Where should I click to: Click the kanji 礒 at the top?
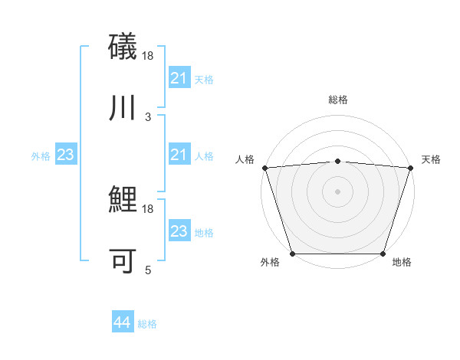123,45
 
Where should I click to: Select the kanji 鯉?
123,200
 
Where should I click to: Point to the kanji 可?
123,261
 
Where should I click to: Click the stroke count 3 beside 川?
148,116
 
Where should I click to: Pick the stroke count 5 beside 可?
148,270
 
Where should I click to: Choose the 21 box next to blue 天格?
179,78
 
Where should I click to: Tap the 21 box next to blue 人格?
179,155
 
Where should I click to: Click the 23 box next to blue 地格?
179,231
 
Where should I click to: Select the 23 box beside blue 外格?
65,155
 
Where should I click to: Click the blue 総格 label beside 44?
147,324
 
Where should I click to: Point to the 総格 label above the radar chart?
338,100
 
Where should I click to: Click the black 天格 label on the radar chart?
432,159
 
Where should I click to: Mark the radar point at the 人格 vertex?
264,168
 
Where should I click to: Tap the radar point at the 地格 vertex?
383,254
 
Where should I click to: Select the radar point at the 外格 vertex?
293,254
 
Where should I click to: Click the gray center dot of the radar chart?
338,191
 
